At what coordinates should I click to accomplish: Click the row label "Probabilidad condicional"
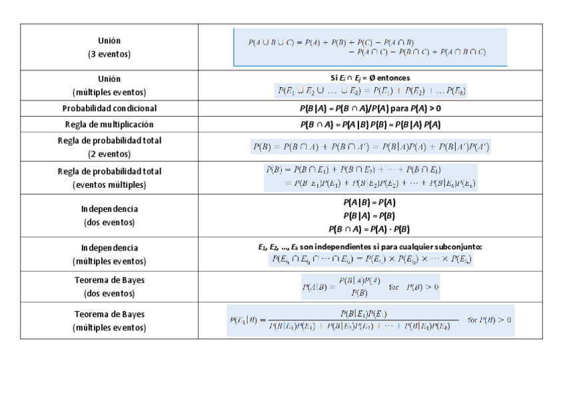pos(109,109)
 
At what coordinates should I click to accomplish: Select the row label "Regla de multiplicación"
pos(109,125)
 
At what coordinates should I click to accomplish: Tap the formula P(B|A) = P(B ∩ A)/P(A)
pos(370,109)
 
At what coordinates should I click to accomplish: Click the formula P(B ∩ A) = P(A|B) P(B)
pos(370,125)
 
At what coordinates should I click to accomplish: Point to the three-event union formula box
pos(370,47)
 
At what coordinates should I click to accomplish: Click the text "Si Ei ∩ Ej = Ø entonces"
pos(370,78)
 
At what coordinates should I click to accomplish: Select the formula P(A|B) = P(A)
pos(370,202)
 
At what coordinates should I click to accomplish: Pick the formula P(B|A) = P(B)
pos(370,216)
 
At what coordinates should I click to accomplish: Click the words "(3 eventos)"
pos(109,54)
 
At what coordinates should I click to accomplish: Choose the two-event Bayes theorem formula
pos(370,287)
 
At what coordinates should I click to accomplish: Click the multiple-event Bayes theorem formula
pos(370,320)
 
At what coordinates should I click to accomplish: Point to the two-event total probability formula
pos(370,147)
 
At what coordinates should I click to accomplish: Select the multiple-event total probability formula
pos(370,177)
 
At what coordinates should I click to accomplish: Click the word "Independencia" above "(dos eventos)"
pos(109,209)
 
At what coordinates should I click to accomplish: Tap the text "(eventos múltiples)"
pos(109,185)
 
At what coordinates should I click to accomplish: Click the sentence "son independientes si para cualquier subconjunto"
pos(393,247)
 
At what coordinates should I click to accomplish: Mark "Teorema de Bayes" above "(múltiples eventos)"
pos(109,314)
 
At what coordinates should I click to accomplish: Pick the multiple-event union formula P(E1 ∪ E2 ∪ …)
pos(370,91)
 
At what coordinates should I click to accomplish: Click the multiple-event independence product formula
pos(370,260)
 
